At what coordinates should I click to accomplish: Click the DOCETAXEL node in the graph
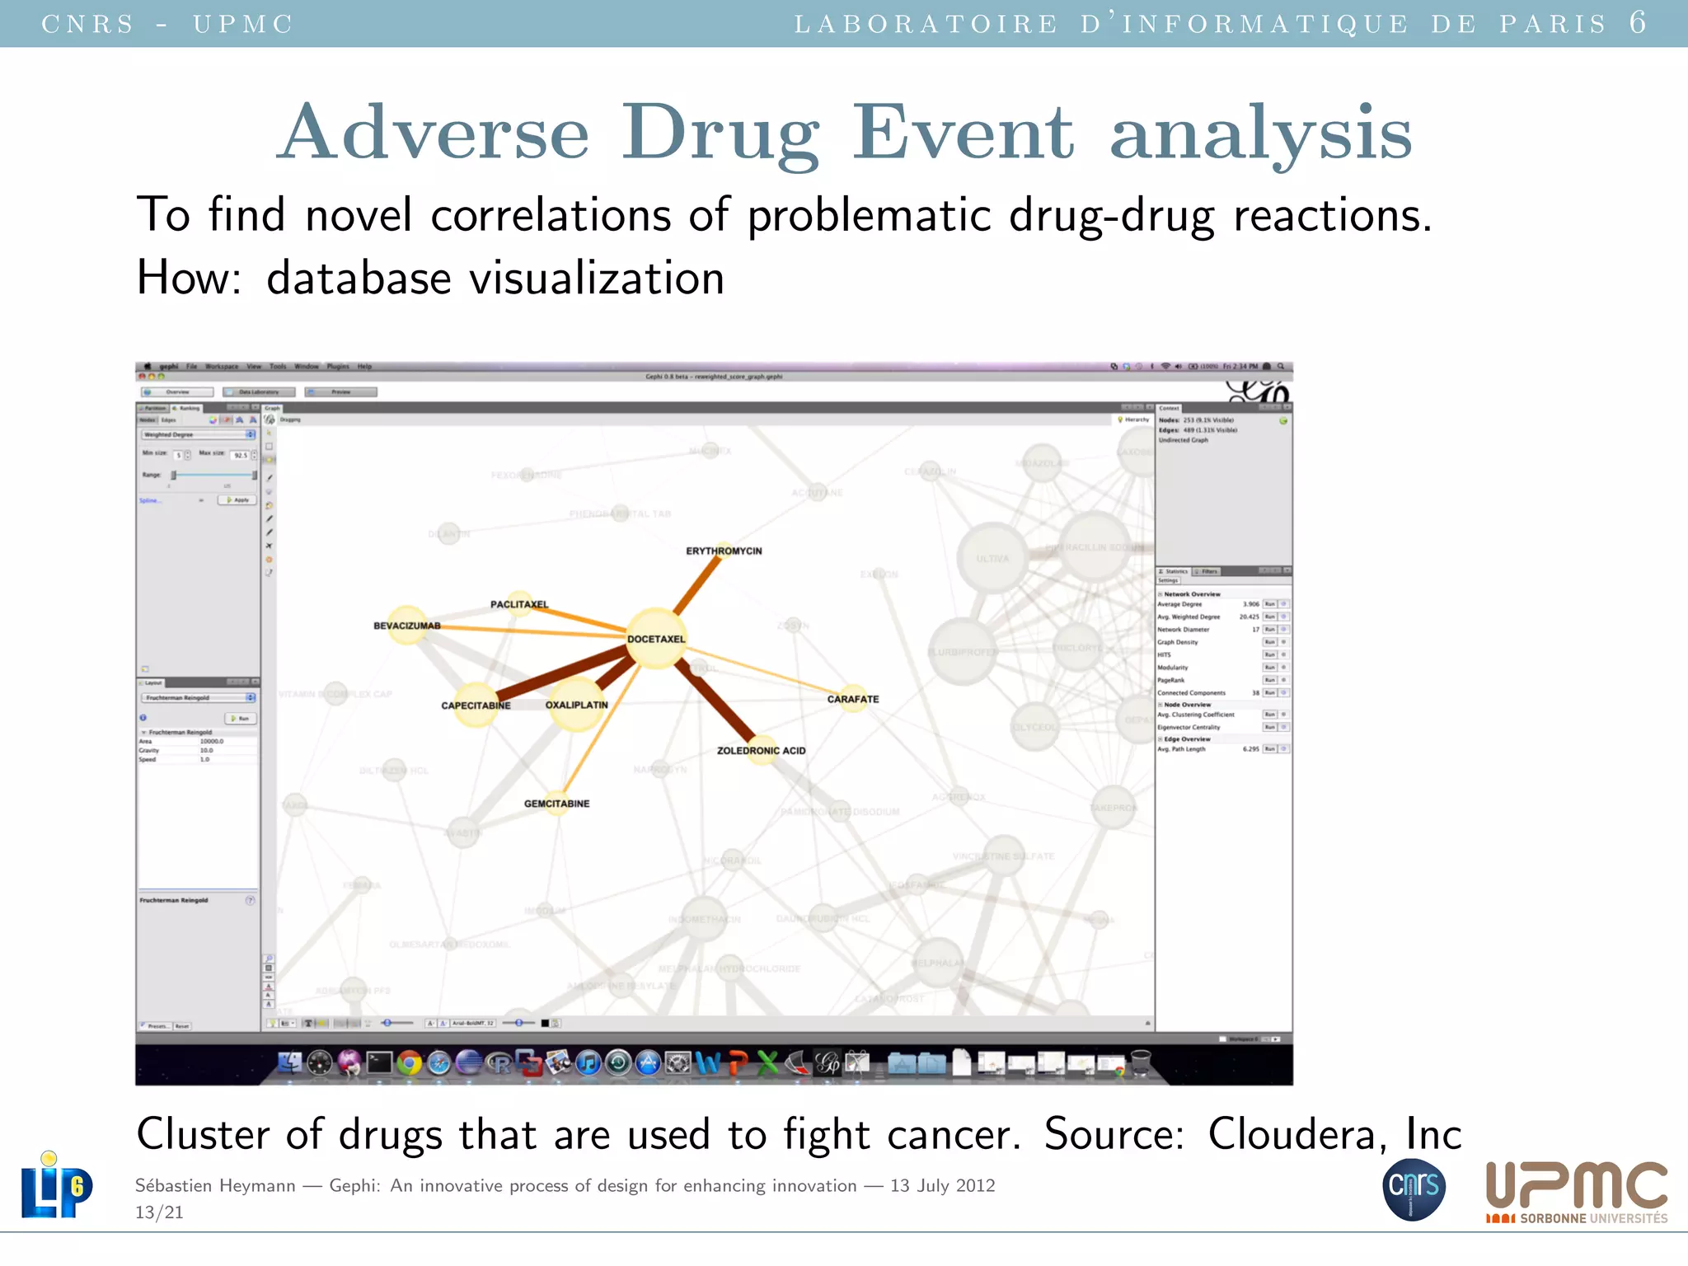(656, 638)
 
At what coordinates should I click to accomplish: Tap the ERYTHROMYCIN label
(724, 551)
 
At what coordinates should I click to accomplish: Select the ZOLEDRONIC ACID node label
(761, 751)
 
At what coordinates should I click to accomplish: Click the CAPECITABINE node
(476, 705)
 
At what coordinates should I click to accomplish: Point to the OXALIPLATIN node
(576, 704)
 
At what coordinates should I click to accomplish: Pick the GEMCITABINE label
(556, 804)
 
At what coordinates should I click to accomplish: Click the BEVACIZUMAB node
(407, 626)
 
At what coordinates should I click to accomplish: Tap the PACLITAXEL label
(519, 604)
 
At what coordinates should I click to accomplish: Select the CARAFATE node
(853, 699)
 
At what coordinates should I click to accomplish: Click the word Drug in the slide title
(720, 133)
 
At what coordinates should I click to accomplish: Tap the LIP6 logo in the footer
(56, 1185)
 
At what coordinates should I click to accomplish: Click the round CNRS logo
(1414, 1189)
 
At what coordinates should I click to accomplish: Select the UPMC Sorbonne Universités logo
(1576, 1192)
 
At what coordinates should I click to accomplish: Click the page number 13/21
(159, 1212)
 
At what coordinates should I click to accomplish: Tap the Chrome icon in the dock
(409, 1063)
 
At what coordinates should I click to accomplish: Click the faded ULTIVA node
(992, 558)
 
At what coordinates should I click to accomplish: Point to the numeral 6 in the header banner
(1638, 22)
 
